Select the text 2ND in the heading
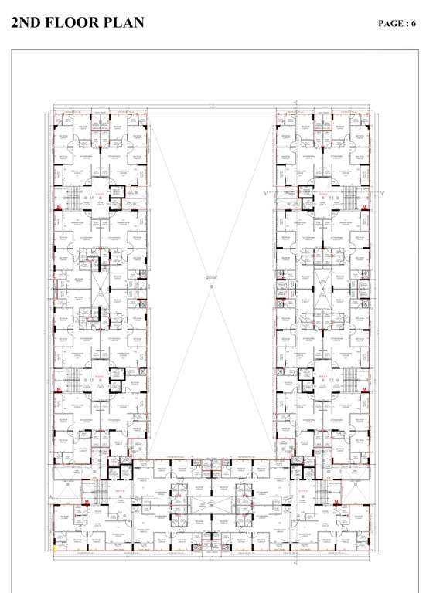[29, 23]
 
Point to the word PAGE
[391, 24]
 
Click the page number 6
[414, 24]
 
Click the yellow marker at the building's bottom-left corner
[54, 547]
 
